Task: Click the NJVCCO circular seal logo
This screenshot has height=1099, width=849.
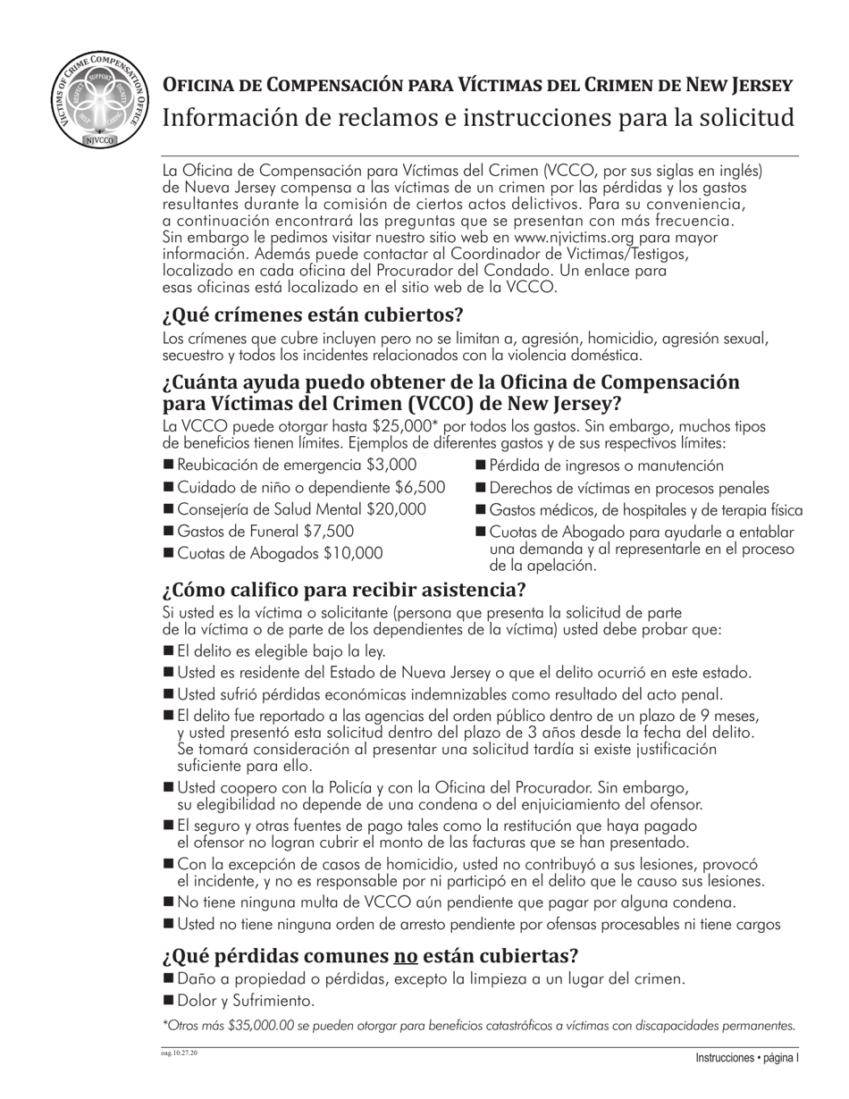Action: tap(99, 101)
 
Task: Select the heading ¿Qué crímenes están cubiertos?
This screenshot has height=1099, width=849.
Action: tap(313, 315)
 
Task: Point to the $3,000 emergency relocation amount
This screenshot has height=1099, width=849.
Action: tap(391, 465)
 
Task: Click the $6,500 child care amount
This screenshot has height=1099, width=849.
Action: tap(419, 488)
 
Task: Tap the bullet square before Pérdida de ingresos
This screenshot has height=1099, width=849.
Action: tap(480, 465)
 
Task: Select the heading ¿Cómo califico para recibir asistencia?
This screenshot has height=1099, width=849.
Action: tap(344, 591)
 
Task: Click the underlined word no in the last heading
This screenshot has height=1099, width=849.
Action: tap(406, 956)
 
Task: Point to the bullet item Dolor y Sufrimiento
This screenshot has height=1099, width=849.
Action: tap(246, 1001)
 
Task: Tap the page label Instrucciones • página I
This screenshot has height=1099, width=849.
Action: tap(747, 1058)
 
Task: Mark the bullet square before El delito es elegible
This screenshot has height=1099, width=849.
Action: tap(168, 650)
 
